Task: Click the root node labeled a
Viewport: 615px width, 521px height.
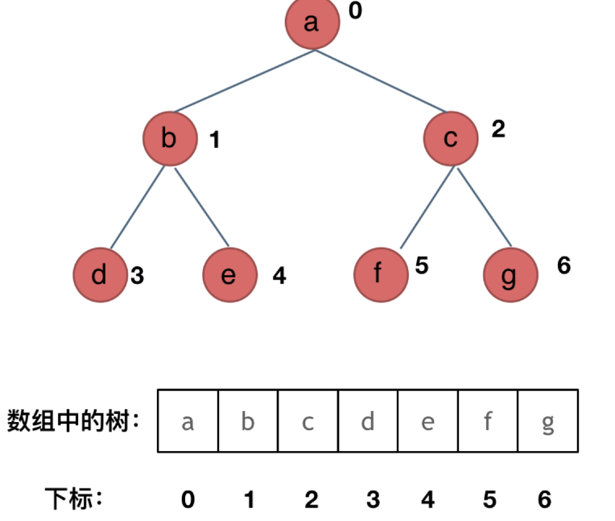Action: (x=312, y=23)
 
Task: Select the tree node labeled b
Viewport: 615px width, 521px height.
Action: (x=170, y=139)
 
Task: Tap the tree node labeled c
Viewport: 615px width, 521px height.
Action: (x=451, y=139)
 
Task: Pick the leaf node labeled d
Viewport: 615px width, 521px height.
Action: (x=100, y=276)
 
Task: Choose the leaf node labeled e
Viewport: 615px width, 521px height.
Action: (x=229, y=276)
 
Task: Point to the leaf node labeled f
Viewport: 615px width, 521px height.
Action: (x=380, y=276)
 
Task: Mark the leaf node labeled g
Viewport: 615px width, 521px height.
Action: (x=510, y=276)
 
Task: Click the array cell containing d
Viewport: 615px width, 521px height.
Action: (x=368, y=421)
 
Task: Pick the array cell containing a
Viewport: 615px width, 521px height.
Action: (x=188, y=421)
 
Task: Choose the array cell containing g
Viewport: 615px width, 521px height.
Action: (x=548, y=421)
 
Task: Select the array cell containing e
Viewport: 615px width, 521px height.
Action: (x=427, y=421)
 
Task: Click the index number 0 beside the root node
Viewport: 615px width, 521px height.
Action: (x=355, y=12)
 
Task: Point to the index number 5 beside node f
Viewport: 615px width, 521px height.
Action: (x=422, y=265)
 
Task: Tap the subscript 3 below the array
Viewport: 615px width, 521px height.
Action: (x=373, y=500)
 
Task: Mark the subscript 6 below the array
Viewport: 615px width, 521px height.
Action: (x=545, y=500)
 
